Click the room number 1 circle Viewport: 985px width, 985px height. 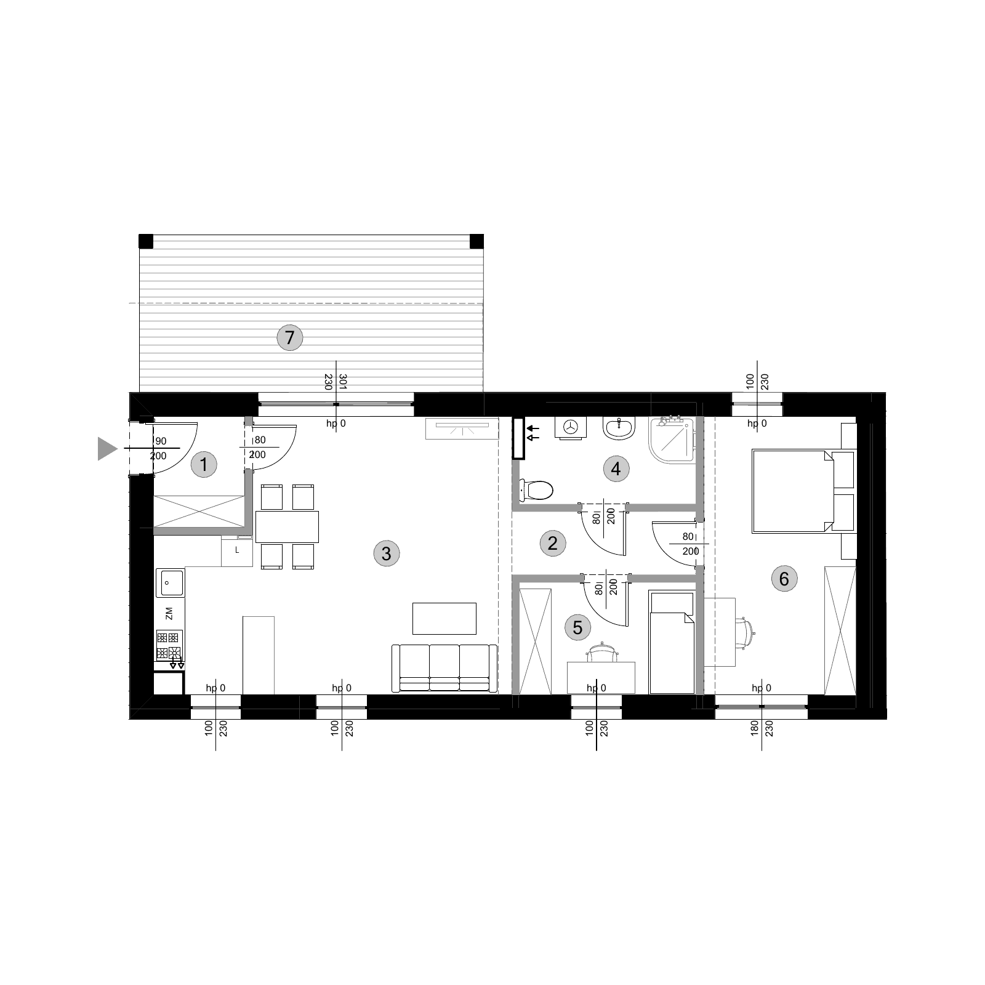point(204,464)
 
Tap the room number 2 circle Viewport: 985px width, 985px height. point(552,543)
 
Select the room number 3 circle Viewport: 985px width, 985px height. point(386,553)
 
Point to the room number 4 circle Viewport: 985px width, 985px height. point(616,469)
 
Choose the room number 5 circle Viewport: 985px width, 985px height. point(577,627)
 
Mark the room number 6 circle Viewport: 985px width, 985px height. point(784,579)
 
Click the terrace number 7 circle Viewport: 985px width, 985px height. point(290,337)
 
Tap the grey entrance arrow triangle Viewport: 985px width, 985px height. point(107,448)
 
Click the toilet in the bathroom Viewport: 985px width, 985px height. point(536,490)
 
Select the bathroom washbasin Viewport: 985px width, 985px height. point(619,428)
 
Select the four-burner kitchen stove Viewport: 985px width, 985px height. point(169,645)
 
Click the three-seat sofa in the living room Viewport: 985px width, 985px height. point(444,668)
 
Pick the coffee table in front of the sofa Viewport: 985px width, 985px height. point(444,619)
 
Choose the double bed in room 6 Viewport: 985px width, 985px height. point(803,491)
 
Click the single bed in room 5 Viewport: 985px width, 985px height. point(672,642)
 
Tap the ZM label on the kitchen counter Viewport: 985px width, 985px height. point(169,613)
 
